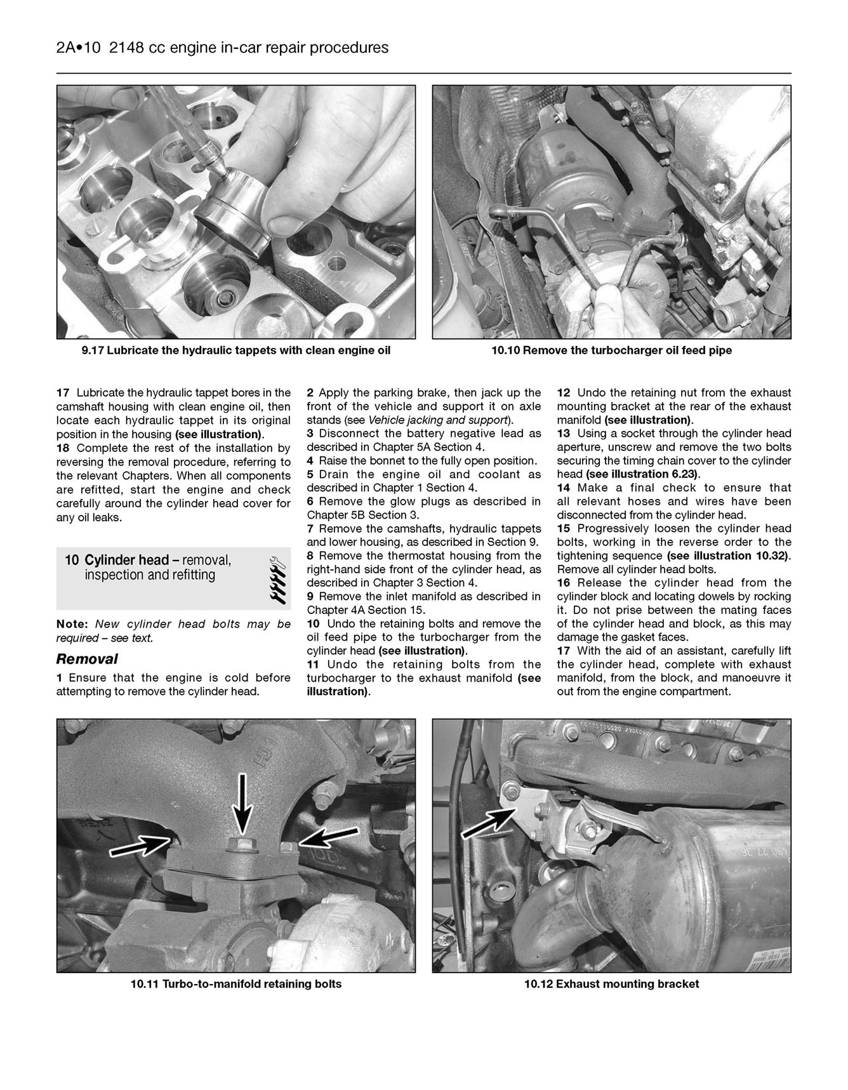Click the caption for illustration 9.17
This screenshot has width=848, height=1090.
click(236, 350)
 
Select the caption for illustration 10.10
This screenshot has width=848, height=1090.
click(611, 350)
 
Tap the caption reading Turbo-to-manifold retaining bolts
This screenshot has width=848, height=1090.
click(236, 985)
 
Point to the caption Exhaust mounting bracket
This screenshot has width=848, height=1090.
click(611, 985)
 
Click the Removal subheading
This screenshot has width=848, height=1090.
click(87, 659)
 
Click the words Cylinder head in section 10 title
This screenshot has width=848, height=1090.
click(126, 561)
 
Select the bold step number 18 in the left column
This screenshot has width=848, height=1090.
click(63, 448)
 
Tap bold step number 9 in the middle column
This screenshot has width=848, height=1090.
click(310, 597)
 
